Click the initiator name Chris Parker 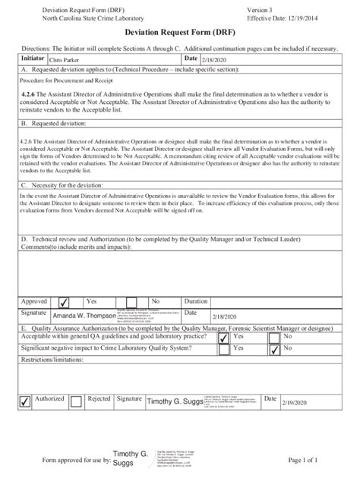click(x=65, y=58)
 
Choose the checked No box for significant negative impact click(x=275, y=350)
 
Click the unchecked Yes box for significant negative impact click(x=223, y=350)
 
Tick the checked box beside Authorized click(x=25, y=401)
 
